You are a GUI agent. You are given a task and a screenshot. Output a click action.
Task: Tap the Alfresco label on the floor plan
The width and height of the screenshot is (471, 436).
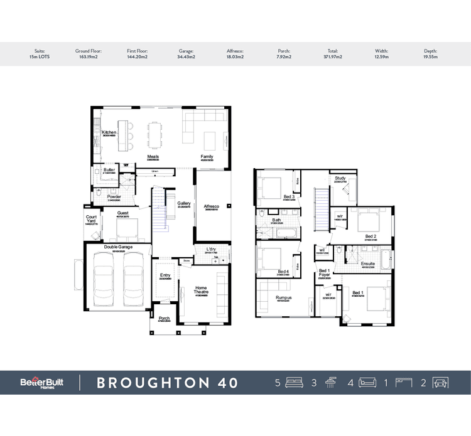212,206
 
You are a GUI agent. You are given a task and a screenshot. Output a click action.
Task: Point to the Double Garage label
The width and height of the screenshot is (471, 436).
117,247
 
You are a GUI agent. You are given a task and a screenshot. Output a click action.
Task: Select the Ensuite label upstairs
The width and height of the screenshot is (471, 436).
368,264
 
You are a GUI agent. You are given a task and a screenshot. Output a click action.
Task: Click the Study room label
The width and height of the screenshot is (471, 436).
340,178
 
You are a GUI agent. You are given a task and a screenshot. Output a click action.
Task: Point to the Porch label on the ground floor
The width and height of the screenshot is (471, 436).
164,318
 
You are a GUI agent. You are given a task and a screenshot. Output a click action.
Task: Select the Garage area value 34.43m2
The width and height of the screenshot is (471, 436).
186,56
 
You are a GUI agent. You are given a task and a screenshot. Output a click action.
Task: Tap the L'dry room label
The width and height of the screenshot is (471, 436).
212,250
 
